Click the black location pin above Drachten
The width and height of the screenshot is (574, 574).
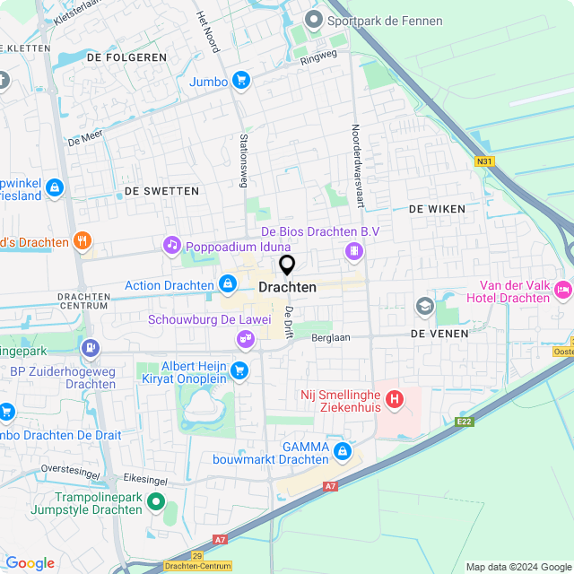click(x=287, y=265)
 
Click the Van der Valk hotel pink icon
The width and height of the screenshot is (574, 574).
click(x=563, y=289)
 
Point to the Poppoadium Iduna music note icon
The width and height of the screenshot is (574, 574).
click(x=171, y=245)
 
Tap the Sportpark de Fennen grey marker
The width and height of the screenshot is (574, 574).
click(x=313, y=19)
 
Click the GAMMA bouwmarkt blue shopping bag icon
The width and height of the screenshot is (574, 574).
click(x=342, y=450)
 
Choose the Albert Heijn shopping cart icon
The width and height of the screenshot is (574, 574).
click(x=239, y=370)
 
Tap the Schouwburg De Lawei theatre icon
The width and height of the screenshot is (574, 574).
click(x=243, y=338)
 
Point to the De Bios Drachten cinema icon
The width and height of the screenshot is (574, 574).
click(x=355, y=252)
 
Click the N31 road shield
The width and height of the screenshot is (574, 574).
click(x=485, y=161)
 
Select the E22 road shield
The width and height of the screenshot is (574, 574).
click(x=463, y=421)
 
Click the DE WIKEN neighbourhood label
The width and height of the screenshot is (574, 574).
click(x=437, y=208)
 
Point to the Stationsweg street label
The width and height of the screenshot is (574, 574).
click(x=243, y=161)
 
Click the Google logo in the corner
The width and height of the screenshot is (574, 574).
click(x=30, y=563)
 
